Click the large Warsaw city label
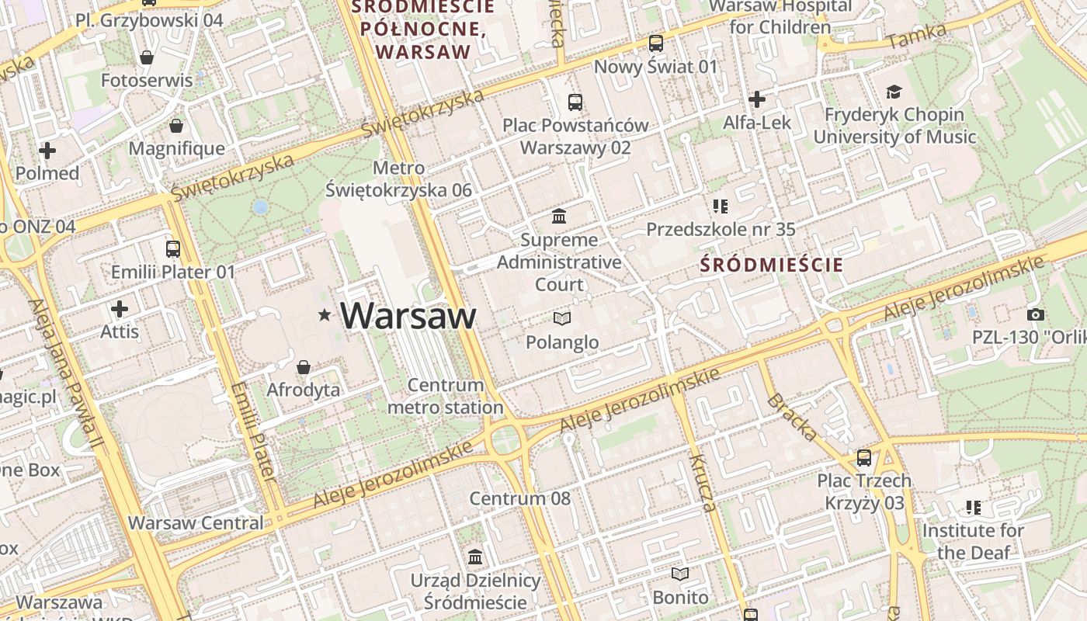408,316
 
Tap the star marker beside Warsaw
324,314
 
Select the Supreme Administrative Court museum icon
559,216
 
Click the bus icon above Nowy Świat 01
656,43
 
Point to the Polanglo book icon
562,318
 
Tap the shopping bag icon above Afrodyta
304,366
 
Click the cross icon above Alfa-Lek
757,99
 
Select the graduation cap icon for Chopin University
894,92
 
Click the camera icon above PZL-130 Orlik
1035,314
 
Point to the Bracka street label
791,418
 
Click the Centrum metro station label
446,396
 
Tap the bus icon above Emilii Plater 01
173,249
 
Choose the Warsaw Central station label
196,522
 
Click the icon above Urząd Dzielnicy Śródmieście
475,557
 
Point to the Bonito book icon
680,574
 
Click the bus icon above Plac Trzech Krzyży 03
864,458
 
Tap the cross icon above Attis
120,309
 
